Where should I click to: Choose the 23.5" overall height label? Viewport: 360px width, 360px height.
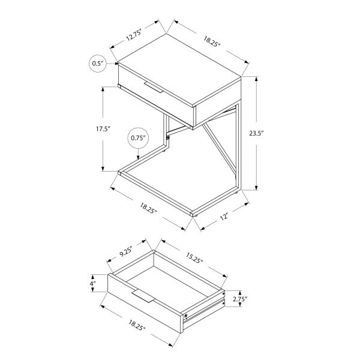coord(274,134)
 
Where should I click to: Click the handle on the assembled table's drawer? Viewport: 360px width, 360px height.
coord(153,88)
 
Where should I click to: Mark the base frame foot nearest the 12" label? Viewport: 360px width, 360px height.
coord(193,212)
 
